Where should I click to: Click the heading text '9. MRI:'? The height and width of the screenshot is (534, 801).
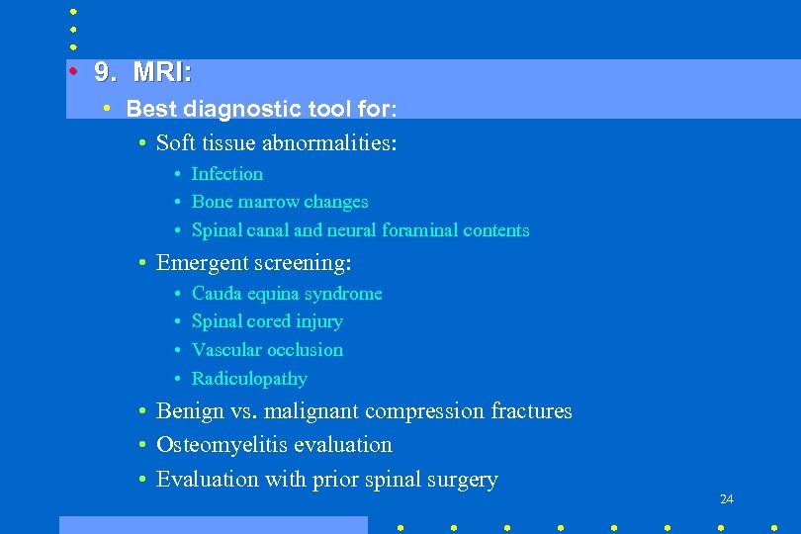click(143, 73)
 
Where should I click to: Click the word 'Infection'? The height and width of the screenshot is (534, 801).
click(227, 174)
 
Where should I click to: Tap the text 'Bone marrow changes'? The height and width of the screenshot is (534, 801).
click(280, 202)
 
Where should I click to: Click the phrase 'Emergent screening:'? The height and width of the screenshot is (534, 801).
click(254, 263)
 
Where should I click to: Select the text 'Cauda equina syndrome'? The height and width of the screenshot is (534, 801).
click(287, 294)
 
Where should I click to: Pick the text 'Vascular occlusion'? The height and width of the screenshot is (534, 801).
click(268, 350)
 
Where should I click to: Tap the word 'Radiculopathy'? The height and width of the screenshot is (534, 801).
click(249, 379)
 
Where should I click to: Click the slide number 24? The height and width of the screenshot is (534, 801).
click(727, 499)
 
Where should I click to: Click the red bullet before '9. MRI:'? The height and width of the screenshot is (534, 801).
click(73, 72)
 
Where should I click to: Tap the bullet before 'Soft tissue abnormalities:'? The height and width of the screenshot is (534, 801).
click(143, 143)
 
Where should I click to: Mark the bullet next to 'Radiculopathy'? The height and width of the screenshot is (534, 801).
click(176, 379)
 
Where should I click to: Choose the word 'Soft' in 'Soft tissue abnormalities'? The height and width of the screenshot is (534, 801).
click(175, 143)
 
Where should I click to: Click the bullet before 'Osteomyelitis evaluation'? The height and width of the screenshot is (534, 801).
click(143, 445)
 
